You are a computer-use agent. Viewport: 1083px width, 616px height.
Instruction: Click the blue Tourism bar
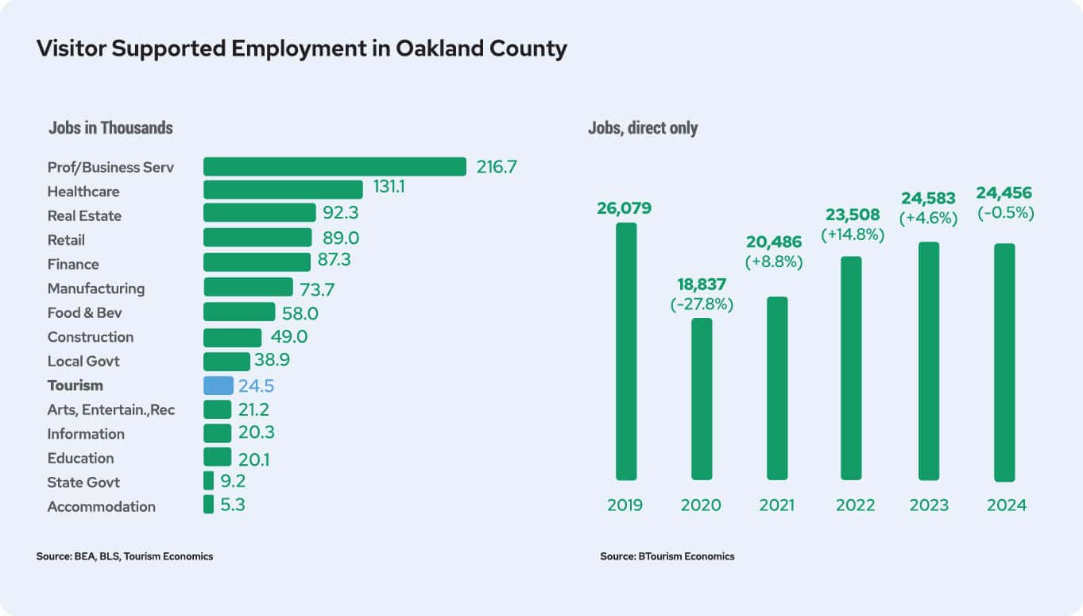point(219,385)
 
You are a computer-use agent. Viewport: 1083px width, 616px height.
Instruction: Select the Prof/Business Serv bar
point(335,167)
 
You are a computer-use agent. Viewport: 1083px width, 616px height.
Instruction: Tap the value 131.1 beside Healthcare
point(389,188)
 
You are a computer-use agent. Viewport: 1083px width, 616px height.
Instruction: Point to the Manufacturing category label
point(96,289)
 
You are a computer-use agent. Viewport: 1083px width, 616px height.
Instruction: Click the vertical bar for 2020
point(702,399)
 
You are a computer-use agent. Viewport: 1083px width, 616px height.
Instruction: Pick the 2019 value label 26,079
point(625,208)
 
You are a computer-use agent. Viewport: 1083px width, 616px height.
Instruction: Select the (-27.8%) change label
point(702,304)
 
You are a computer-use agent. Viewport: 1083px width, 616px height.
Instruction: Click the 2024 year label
point(1006,506)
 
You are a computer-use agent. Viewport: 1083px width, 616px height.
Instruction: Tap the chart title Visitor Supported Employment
point(302,48)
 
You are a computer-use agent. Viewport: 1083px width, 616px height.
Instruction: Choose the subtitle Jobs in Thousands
point(110,128)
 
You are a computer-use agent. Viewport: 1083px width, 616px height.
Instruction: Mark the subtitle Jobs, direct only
point(643,128)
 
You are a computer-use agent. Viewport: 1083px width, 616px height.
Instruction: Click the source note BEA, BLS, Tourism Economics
point(125,556)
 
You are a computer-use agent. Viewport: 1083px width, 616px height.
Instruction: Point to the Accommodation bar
point(208,505)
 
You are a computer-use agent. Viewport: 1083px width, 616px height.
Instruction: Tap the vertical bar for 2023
point(929,361)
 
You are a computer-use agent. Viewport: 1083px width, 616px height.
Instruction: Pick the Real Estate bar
point(260,213)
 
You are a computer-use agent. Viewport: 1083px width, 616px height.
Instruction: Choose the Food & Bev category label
point(85,312)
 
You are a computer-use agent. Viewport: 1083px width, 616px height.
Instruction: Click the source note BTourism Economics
point(667,556)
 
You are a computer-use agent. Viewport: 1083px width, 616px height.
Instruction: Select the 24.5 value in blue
point(256,387)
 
